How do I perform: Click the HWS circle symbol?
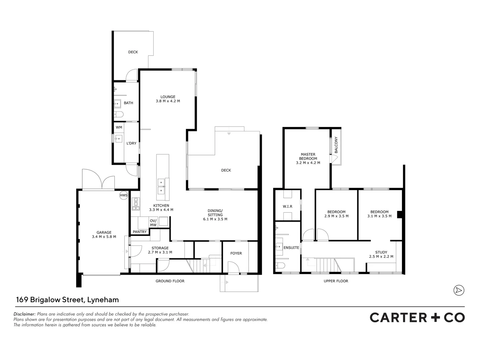tap(124, 195)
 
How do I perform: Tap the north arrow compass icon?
tap(459, 290)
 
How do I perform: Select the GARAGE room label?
tap(104, 235)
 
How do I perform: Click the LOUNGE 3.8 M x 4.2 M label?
tap(168, 99)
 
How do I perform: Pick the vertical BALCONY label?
tap(336, 145)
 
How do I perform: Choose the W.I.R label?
tap(287, 206)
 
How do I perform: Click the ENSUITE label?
tap(291, 248)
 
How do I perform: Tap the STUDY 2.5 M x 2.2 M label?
tap(381, 254)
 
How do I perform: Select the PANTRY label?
tap(140, 232)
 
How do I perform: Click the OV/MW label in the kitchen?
tap(153, 223)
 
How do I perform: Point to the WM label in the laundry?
tap(119, 127)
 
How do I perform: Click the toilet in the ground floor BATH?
tap(119, 115)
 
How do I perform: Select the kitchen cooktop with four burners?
tap(135, 204)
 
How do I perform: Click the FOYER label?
tap(236, 253)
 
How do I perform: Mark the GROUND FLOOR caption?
tap(170, 281)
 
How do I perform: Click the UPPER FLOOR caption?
tap(336, 281)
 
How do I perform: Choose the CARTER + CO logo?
tap(417, 317)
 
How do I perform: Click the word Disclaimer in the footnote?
tap(24, 314)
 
